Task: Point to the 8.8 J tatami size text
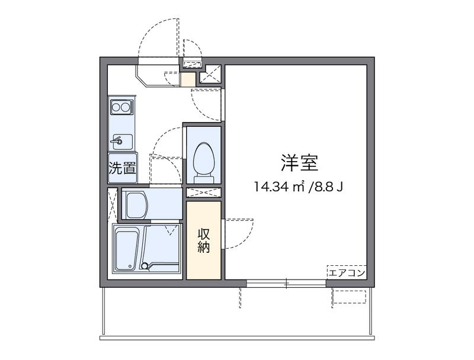329,187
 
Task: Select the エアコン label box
347,273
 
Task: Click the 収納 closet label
204,241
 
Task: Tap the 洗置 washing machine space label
122,168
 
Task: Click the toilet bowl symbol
204,159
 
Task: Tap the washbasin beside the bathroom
136,205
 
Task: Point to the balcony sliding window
286,283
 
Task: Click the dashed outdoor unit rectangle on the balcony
349,297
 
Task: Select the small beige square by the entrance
187,79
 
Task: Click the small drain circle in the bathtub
130,266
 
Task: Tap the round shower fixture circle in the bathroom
145,266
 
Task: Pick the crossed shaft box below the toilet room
204,192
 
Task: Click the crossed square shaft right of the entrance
210,74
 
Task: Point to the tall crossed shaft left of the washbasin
113,205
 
